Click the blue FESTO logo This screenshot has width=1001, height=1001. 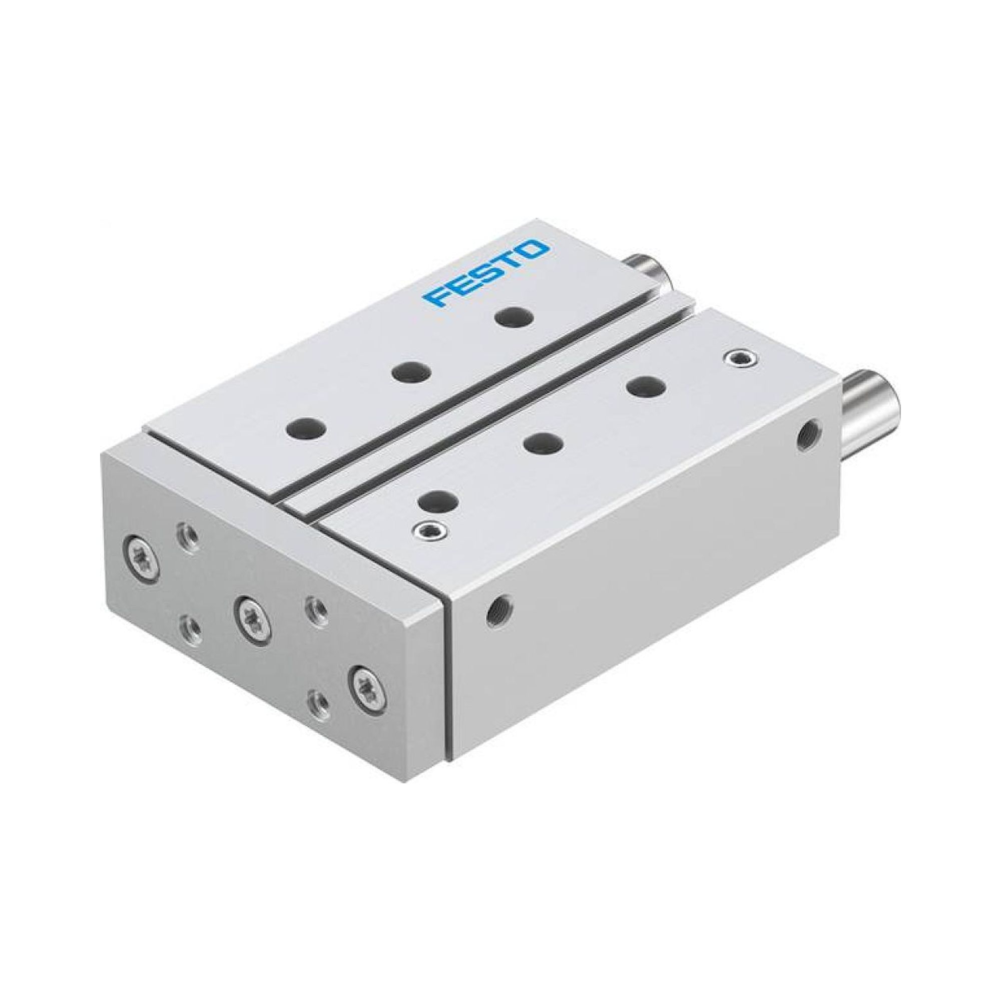click(485, 273)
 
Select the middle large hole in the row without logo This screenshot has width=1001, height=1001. click(543, 428)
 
